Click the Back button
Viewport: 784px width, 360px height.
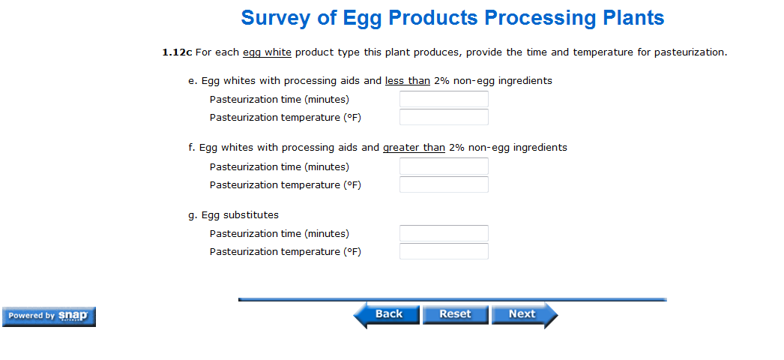pyautogui.click(x=387, y=314)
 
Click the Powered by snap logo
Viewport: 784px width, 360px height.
pyautogui.click(x=49, y=316)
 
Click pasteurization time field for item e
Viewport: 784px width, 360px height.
pyautogui.click(x=444, y=99)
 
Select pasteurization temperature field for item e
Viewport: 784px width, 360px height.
pyautogui.click(x=444, y=117)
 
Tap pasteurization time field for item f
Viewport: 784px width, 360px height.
pyautogui.click(x=444, y=166)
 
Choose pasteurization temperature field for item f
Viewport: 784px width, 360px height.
pyautogui.click(x=444, y=184)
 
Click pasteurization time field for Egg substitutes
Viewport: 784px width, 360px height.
pyautogui.click(x=444, y=233)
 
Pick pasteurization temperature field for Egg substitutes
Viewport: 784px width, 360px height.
pyautogui.click(x=444, y=251)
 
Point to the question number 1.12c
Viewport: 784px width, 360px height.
pyautogui.click(x=177, y=52)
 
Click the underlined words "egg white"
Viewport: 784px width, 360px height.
pyautogui.click(x=267, y=52)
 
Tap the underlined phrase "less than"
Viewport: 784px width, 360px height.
pyautogui.click(x=408, y=80)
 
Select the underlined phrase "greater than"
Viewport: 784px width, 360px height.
pyautogui.click(x=414, y=148)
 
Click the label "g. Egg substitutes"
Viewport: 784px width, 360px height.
pyautogui.click(x=234, y=215)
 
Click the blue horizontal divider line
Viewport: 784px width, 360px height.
pyautogui.click(x=453, y=299)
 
